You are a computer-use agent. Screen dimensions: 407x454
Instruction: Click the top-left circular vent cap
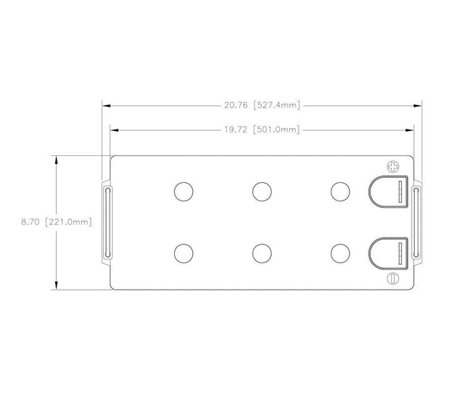click(183, 192)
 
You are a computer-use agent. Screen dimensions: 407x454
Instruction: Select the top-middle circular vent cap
click(262, 192)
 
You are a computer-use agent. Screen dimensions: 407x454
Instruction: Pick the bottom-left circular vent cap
click(183, 252)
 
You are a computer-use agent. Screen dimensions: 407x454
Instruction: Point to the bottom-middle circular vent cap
click(262, 252)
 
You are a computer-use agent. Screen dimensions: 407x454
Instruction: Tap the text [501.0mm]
click(277, 129)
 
